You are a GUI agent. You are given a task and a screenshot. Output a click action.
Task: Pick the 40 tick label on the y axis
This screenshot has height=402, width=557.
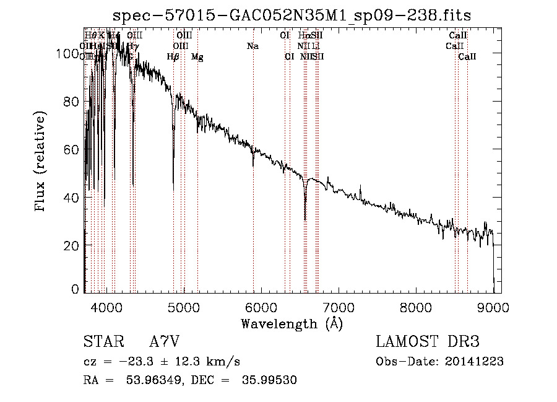pos(73,198)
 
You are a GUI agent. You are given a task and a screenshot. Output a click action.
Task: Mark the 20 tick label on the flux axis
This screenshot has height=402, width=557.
pos(73,245)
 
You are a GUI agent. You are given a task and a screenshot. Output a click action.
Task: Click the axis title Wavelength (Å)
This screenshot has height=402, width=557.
pos(291,323)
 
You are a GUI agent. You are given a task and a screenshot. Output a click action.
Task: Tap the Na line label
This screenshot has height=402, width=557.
pos(253,46)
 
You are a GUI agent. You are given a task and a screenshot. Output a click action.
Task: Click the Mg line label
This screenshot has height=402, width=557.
pos(197,57)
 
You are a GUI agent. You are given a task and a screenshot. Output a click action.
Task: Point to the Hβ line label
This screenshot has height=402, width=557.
pos(173,57)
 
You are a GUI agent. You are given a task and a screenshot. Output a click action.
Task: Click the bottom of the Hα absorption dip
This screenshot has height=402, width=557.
pos(305,219)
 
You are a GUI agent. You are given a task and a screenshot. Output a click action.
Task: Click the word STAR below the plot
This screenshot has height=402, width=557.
pos(103,342)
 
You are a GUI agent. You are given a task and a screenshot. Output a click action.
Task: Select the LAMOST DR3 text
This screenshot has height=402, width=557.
pos(427,342)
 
